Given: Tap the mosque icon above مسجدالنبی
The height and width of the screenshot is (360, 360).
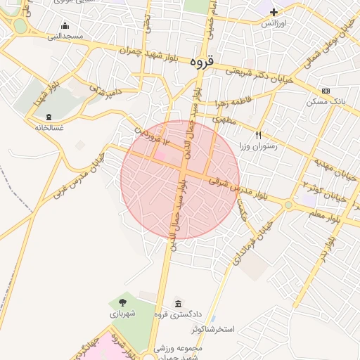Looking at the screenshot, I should pyautogui.click(x=65, y=26).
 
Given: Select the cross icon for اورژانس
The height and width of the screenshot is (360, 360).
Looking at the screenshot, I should pyautogui.click(x=274, y=12).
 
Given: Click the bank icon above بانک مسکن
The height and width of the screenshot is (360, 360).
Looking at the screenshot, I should pyautogui.click(x=326, y=91).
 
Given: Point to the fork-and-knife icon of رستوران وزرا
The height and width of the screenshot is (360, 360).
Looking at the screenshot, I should pyautogui.click(x=258, y=135).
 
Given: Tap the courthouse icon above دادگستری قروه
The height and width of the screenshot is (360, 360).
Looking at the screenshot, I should pyautogui.click(x=177, y=303).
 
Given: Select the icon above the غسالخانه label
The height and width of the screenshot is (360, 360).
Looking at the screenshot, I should pyautogui.click(x=49, y=117).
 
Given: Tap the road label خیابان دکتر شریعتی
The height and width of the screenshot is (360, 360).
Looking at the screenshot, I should pyautogui.click(x=258, y=71).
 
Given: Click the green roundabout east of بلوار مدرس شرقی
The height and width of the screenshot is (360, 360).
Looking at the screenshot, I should pyautogui.click(x=288, y=205).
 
